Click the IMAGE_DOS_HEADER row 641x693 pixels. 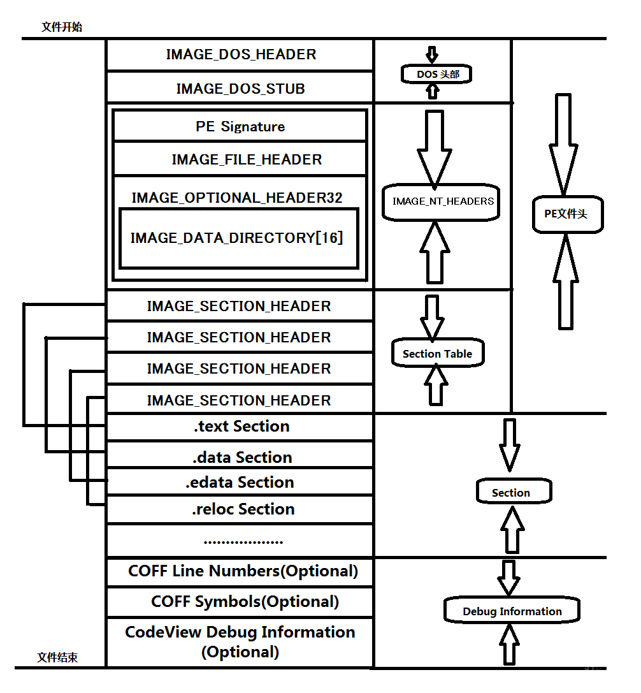point(240,55)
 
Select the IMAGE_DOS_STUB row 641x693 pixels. point(240,89)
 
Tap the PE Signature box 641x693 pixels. point(240,127)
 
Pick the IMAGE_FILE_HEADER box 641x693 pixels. point(247,159)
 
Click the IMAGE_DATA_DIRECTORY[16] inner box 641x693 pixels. point(237,238)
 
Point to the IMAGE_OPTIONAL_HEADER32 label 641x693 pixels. point(237,198)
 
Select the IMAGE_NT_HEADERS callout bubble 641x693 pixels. point(443,201)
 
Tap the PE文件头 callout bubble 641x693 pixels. point(566,214)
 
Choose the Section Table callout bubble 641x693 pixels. point(437,354)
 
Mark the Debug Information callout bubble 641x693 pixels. point(512,611)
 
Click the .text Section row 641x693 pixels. point(241,427)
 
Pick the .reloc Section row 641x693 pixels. point(243,509)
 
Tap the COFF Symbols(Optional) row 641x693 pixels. point(245,602)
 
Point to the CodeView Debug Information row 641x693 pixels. point(240,642)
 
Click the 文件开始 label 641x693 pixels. point(62,27)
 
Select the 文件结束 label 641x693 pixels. point(57,657)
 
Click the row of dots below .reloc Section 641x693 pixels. point(243,542)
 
